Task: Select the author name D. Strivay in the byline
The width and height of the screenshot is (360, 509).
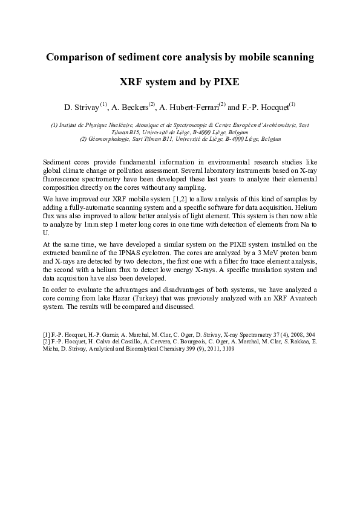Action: (x=82, y=107)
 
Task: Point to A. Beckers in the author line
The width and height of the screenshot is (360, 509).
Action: (x=129, y=107)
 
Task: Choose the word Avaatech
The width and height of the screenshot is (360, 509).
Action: (x=303, y=299)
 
